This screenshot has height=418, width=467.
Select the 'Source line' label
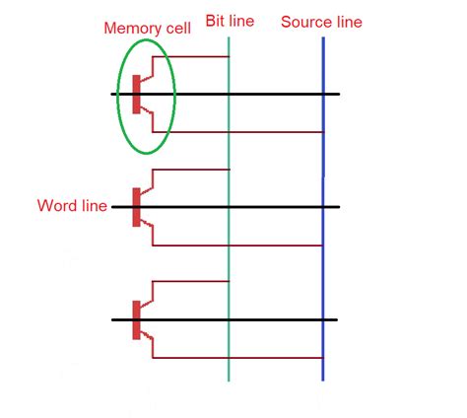tap(321, 21)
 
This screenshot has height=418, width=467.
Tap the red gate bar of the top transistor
tap(136, 94)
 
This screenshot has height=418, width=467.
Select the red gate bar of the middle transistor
tap(136, 207)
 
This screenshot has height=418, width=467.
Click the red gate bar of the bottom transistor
tap(136, 319)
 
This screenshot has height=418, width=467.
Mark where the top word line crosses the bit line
tap(229, 94)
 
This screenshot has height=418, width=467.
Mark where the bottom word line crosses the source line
tap(323, 319)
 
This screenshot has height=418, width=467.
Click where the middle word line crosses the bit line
tap(229, 207)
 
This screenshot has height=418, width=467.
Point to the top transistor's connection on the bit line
tap(229, 56)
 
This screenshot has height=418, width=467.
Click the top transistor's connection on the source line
tap(323, 132)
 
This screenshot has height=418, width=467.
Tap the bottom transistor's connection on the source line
tap(323, 358)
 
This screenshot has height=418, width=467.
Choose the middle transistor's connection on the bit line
tap(229, 170)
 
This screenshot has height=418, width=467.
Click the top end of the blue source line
tap(323, 39)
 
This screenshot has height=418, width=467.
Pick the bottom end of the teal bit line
tap(229, 381)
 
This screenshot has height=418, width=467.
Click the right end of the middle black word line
tap(339, 207)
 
